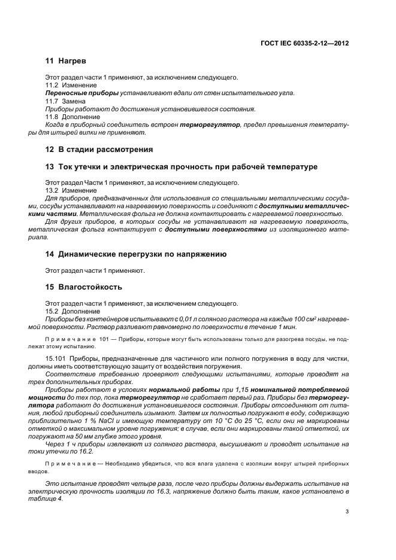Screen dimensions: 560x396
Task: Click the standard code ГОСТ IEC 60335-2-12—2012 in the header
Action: coord(304,43)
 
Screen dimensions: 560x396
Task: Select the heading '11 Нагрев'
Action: coord(66,62)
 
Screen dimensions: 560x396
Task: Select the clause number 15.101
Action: coord(56,357)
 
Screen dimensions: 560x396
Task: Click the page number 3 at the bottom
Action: coord(347,510)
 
